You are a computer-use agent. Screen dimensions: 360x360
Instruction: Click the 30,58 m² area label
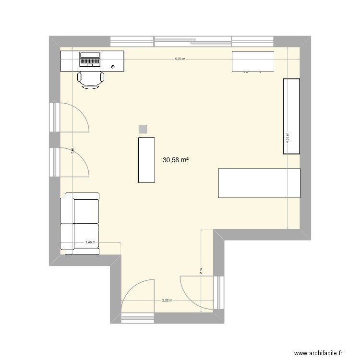click(176, 161)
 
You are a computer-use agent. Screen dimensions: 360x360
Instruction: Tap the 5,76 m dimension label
click(180, 59)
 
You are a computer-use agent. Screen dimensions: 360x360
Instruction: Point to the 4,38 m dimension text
click(288, 138)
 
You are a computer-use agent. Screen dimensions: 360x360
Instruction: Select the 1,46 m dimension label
click(90, 242)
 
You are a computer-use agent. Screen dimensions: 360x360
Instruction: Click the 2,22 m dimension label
click(167, 300)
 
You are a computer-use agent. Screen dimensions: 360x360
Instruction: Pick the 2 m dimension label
click(201, 271)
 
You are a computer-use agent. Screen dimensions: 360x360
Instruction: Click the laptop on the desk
click(89, 59)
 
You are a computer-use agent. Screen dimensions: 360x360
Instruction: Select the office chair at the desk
click(91, 79)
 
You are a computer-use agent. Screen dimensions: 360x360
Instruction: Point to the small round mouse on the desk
click(113, 67)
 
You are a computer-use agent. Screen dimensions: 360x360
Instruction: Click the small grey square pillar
click(143, 129)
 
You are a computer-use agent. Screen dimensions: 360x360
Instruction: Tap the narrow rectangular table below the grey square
click(146, 160)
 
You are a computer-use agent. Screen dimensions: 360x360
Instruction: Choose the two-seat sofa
click(80, 224)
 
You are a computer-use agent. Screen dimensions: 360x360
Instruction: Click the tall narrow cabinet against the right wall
click(291, 116)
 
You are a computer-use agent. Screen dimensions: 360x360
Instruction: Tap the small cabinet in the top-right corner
click(253, 61)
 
